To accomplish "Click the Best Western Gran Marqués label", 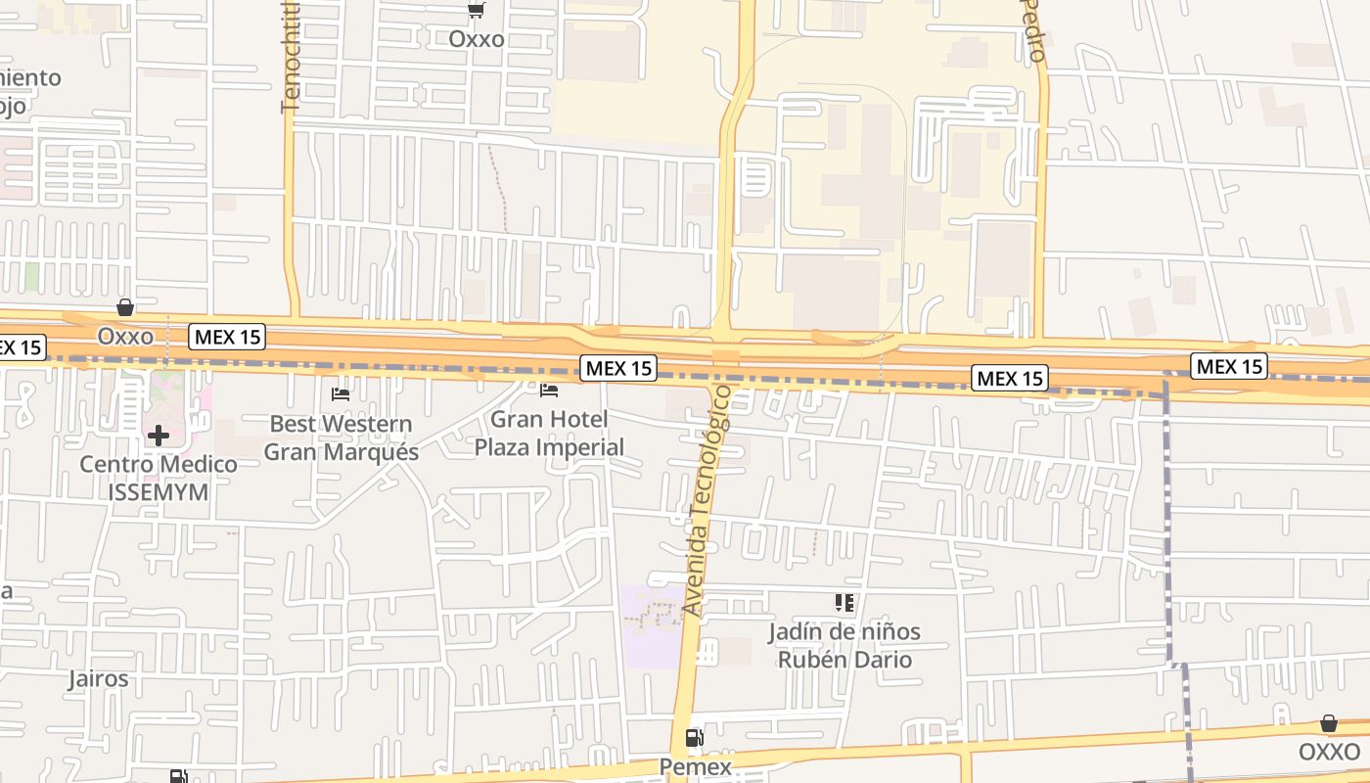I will (342, 438).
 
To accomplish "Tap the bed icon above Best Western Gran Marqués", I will (341, 394).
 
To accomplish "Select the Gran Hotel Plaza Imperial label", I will (549, 434).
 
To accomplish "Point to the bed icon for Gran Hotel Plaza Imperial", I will (549, 391).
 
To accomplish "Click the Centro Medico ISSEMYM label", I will (158, 478).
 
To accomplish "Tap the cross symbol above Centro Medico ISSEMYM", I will (158, 435).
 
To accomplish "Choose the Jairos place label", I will (98, 678).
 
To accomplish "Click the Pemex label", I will (696, 766).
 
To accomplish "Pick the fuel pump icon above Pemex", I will (694, 738).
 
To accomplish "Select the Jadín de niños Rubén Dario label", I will (845, 646).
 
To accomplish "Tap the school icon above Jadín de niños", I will (845, 603).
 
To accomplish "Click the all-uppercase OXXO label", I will (1329, 752).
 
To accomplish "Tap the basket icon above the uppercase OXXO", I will (1329, 723).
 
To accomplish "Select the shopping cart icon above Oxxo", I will (477, 11).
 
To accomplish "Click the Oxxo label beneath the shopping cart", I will (477, 39).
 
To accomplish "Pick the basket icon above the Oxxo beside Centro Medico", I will (125, 307).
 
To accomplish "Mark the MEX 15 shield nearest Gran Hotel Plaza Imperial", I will (618, 368).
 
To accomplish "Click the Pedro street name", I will (1033, 31).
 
